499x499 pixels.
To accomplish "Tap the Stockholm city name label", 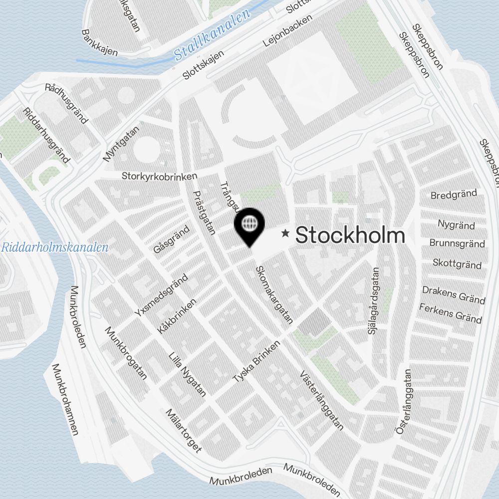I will point(350,235).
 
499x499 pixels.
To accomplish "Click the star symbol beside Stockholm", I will point(285,233).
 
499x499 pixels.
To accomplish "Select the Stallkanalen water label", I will point(212,37).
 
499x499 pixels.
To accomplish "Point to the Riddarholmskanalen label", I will point(55,247).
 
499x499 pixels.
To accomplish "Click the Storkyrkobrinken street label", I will point(160,176).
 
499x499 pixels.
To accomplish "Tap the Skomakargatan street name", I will point(274,295).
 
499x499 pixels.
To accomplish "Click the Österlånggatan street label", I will point(404,402).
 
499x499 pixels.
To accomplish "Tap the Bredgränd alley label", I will point(454,194).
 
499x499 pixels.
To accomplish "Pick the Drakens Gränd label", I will point(454,294).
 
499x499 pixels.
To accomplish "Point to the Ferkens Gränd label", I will point(451,313).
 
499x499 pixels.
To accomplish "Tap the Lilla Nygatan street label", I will point(187,374).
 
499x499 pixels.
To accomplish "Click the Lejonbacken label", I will point(287,31).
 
